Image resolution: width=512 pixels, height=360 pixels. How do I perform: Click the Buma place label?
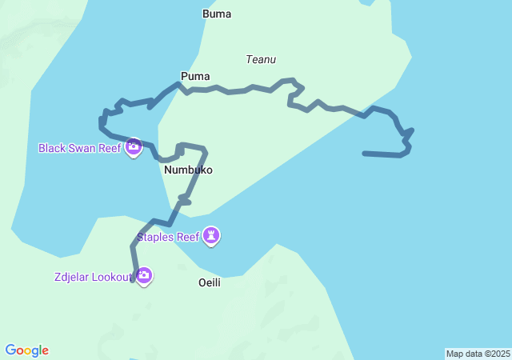click(x=217, y=14)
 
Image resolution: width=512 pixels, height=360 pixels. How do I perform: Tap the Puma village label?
click(x=195, y=76)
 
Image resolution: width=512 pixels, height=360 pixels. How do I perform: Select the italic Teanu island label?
click(x=262, y=59)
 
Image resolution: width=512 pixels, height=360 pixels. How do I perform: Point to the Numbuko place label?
click(x=188, y=170)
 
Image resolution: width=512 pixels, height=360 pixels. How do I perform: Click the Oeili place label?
click(x=210, y=282)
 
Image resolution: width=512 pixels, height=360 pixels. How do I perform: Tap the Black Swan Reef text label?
click(x=79, y=148)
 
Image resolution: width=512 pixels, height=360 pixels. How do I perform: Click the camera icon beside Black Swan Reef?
click(x=134, y=147)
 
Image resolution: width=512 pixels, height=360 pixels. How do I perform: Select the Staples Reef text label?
click(x=167, y=237)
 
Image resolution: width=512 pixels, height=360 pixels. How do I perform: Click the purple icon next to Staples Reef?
click(x=211, y=236)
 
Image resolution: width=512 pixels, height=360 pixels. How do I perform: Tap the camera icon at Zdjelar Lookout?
click(x=144, y=277)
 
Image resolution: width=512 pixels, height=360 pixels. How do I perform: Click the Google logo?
click(x=27, y=350)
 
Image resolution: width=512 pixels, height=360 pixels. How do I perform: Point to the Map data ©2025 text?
click(x=478, y=354)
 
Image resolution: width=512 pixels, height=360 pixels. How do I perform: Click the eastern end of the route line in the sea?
click(x=365, y=153)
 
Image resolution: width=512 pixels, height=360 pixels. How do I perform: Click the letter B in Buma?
click(x=206, y=14)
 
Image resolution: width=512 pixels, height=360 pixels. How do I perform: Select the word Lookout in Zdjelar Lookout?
click(x=110, y=277)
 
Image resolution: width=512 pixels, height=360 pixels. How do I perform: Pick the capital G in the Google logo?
click(x=10, y=350)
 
